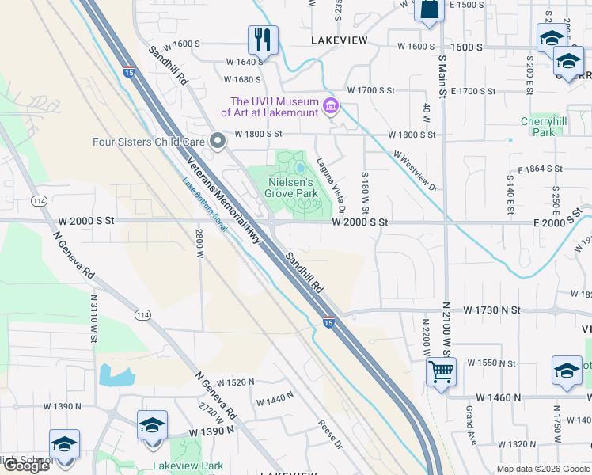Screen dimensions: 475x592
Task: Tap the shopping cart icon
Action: pos(441,370)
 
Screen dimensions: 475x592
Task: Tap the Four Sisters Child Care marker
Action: pos(218,142)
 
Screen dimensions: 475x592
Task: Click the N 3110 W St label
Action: pos(93,317)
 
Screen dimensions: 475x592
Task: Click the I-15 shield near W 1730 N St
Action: pos(328,321)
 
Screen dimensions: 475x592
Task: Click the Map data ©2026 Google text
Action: pos(543,469)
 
